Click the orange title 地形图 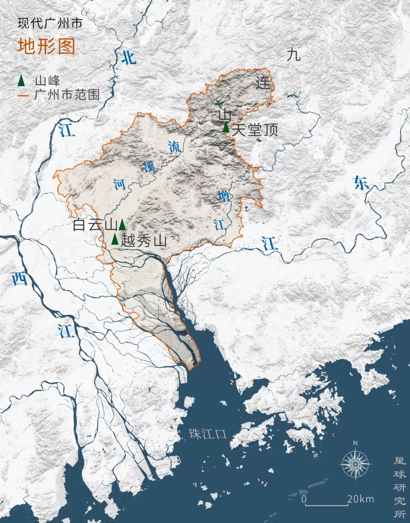(46, 46)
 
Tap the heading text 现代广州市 (50, 24)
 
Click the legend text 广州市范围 (67, 95)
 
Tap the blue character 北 (128, 57)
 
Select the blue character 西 (19, 279)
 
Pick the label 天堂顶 (255, 130)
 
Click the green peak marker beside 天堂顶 (226, 128)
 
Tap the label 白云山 (95, 225)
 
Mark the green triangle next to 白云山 (122, 225)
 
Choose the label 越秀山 (143, 241)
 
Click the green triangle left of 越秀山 (115, 239)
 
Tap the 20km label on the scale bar (361, 499)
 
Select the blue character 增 (224, 197)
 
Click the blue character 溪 (149, 166)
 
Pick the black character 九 (293, 55)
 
